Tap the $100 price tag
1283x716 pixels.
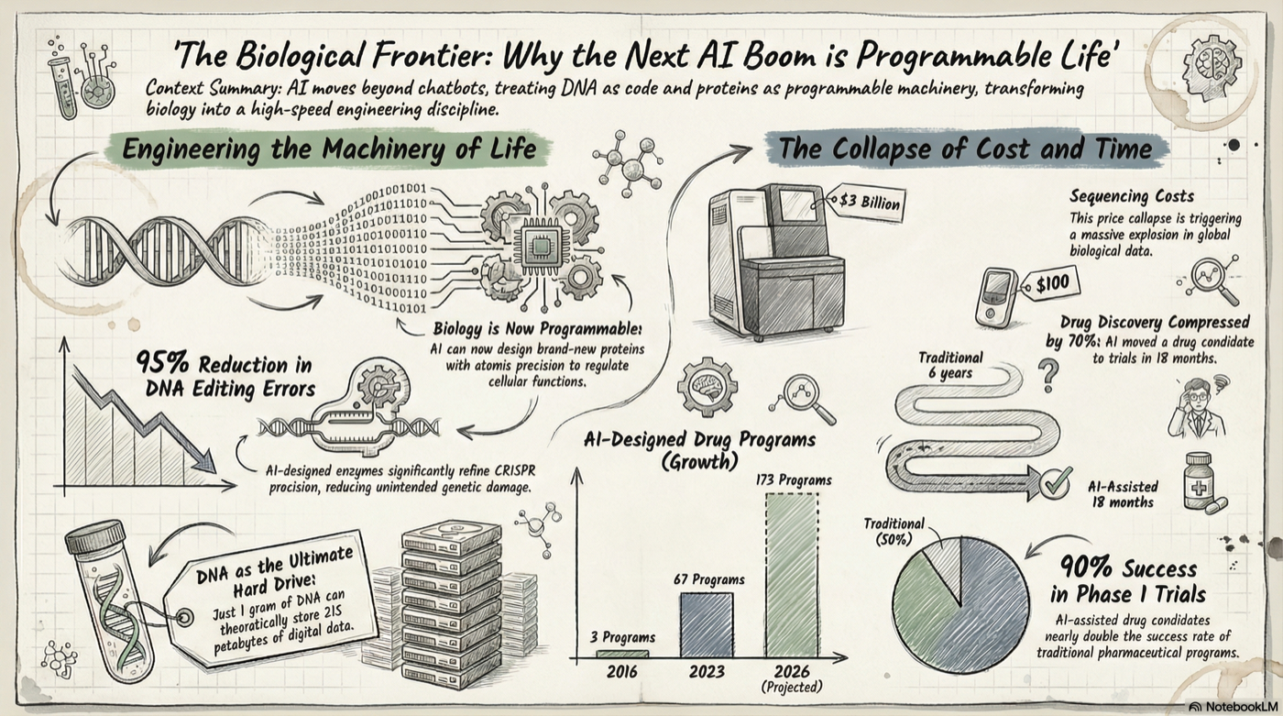1051,285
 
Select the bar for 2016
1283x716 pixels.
622,654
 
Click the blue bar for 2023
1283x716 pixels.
706,624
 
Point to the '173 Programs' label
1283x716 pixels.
794,479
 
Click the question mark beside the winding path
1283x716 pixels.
1049,371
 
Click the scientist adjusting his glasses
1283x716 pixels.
1197,406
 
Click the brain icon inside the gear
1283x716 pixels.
707,388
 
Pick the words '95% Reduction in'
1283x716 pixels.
225,363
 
